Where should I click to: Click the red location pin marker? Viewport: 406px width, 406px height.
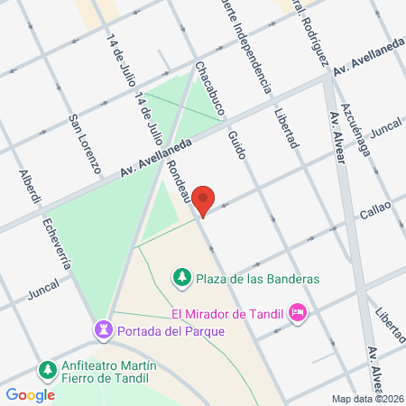point(205,200)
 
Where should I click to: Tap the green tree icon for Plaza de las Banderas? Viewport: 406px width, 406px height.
point(181,276)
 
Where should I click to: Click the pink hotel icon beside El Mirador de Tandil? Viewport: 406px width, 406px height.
point(297,314)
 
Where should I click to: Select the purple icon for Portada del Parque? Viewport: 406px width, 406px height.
point(105,329)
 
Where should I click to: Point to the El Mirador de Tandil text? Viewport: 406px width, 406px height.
point(226,314)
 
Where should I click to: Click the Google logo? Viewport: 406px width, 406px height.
point(30,394)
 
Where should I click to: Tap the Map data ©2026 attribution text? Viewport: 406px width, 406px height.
point(366,399)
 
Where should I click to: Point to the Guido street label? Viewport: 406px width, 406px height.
point(236,144)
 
